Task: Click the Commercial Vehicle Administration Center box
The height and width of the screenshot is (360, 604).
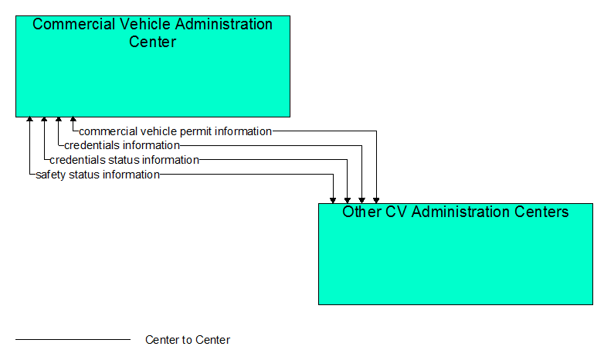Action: point(153,66)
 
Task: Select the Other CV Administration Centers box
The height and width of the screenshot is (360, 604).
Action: point(456,254)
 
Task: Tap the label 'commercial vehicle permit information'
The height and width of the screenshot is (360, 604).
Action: point(175,131)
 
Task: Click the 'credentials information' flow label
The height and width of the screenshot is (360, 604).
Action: point(122,145)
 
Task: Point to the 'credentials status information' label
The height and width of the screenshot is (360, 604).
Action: point(124,160)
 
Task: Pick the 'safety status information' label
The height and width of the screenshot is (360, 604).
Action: point(98,175)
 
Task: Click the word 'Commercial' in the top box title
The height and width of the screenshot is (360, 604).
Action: point(73,24)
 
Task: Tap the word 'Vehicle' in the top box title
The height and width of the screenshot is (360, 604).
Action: point(144,24)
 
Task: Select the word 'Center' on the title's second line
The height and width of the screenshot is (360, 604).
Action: point(152,42)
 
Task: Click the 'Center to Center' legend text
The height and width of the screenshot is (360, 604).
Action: point(188,340)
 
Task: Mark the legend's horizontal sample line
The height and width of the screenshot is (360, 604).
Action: point(73,340)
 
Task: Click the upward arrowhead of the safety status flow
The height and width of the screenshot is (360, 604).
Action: point(29,119)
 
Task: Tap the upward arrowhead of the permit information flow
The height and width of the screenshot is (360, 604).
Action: point(73,119)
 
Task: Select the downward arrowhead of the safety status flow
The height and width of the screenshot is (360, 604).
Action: point(333,201)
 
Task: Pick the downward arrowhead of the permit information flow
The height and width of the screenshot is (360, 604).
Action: point(376,201)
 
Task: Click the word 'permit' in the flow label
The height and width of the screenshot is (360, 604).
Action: point(196,132)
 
